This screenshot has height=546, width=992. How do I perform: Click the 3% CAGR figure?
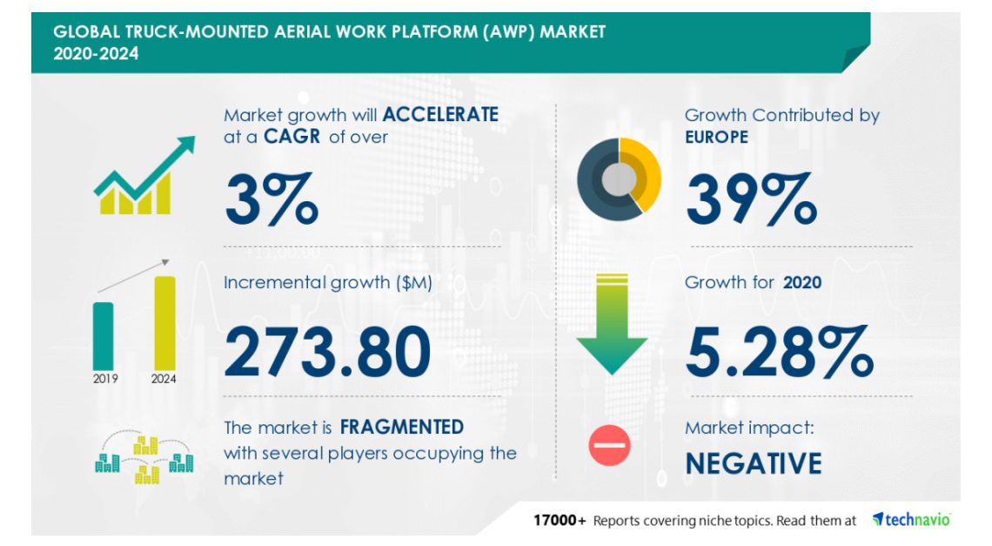tap(271, 199)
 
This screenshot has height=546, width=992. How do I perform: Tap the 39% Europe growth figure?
tap(752, 199)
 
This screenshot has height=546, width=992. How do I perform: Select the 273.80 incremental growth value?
tap(328, 352)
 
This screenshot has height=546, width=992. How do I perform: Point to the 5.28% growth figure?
tap(780, 352)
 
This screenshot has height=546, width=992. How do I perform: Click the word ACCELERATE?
tap(440, 114)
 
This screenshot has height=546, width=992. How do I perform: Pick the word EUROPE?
tap(716, 137)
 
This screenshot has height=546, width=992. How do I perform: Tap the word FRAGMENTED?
tap(402, 427)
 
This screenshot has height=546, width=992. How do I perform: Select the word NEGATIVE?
tap(754, 463)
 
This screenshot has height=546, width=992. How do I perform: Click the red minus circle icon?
tap(609, 445)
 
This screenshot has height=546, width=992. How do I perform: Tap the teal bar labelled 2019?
tap(104, 336)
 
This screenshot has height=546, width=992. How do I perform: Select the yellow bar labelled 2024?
tap(164, 323)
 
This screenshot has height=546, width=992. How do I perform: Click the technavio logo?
tap(912, 520)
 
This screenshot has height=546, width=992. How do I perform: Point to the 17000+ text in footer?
tap(560, 521)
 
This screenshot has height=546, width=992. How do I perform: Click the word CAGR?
tap(292, 137)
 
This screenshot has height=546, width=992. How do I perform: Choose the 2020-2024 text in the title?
tap(96, 54)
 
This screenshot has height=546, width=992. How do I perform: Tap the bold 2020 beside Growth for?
tap(802, 282)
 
